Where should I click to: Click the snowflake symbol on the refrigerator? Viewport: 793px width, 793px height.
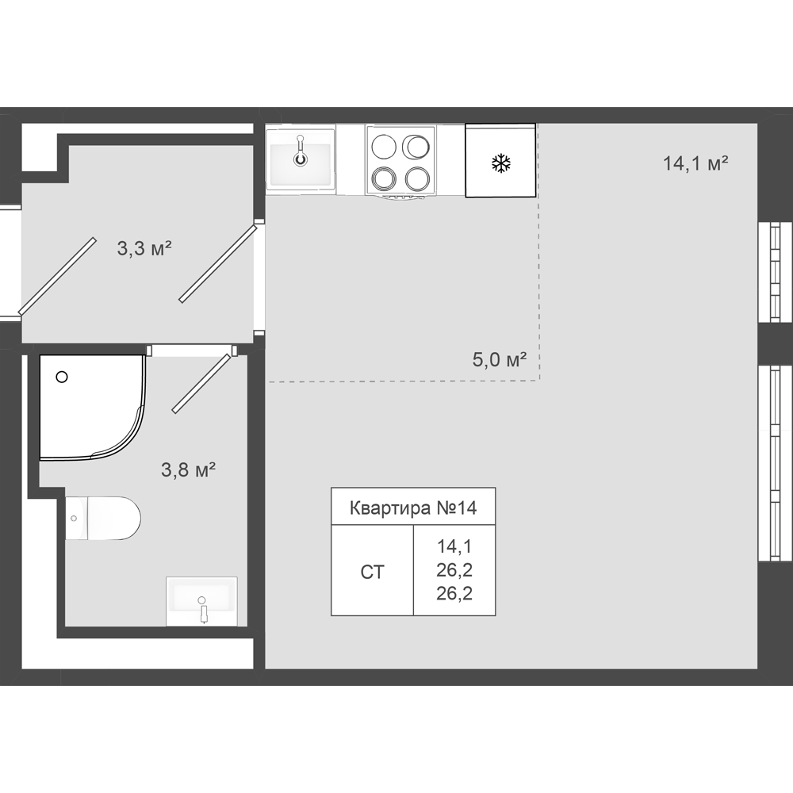point(501,163)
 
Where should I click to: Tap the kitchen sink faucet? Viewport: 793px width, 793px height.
point(301,151)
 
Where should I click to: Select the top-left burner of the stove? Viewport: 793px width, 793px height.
point(383,147)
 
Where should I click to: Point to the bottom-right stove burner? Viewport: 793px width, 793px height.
point(417,178)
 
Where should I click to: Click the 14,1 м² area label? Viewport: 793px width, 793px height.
point(695,163)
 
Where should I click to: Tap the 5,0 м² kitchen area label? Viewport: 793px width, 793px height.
point(500,359)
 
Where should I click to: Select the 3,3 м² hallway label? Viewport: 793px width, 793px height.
point(144,248)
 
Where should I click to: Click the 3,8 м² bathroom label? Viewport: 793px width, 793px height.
point(188,469)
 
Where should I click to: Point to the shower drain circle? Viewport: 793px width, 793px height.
point(62,377)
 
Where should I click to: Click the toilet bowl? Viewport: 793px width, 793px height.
point(103,518)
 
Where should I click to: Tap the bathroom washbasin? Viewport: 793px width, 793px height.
point(201,601)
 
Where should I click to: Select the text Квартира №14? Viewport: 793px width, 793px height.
point(413,508)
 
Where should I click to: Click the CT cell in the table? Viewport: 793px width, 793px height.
point(372,572)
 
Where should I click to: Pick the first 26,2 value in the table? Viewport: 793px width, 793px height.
point(454,570)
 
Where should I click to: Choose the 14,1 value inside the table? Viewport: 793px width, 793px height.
point(454,546)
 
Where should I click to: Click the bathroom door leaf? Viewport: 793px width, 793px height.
point(201,383)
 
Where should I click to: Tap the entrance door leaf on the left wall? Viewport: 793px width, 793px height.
point(57,276)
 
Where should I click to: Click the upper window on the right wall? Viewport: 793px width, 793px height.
point(774,271)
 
